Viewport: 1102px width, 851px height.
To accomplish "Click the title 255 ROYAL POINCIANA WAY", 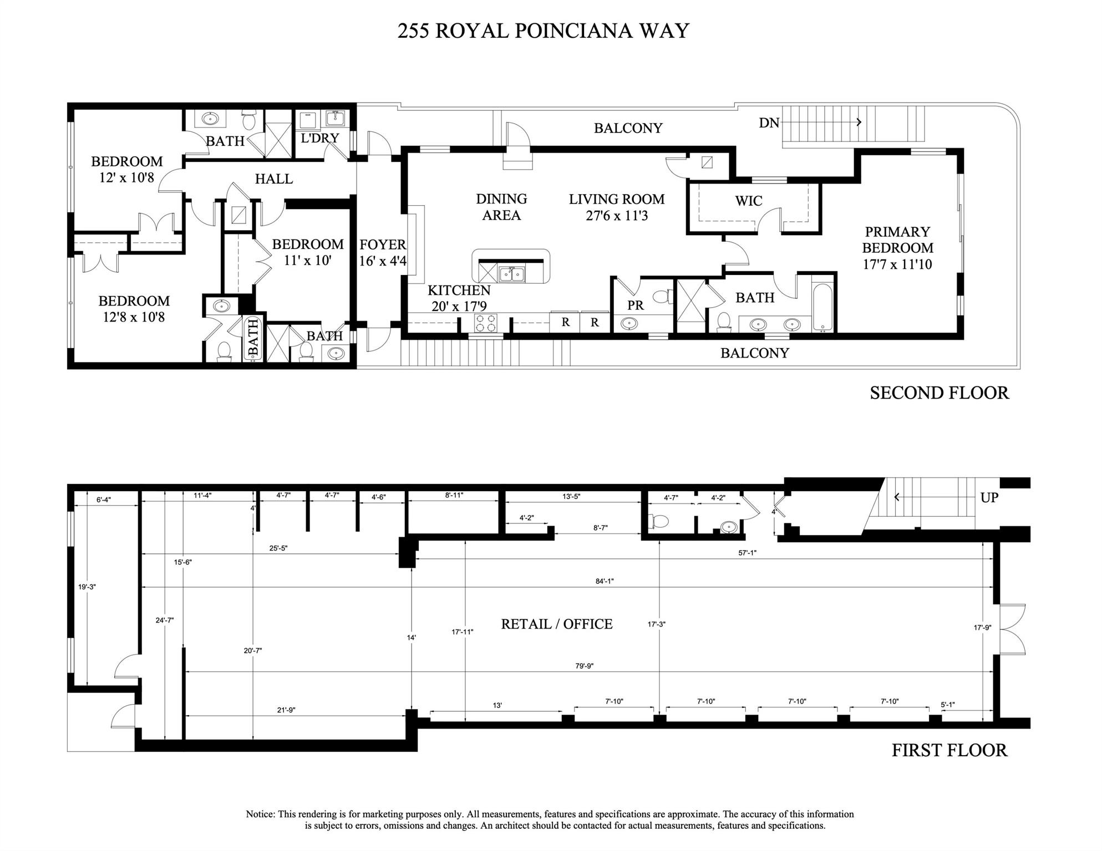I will [x=543, y=31].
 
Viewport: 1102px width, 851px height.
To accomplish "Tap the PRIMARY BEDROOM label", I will [x=897, y=247].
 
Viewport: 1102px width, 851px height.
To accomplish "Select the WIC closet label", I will [x=748, y=201].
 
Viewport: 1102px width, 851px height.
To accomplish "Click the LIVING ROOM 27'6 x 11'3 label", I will [x=616, y=207].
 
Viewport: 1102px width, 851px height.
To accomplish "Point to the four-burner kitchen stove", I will [x=485, y=323].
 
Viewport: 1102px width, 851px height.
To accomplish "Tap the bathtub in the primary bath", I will [x=823, y=308].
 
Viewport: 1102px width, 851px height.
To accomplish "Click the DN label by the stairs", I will [x=769, y=123].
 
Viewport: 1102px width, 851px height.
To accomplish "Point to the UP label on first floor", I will [x=989, y=497].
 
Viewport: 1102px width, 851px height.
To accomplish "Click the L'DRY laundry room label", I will [x=319, y=138].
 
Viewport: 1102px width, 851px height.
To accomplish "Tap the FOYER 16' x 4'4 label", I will [x=382, y=252].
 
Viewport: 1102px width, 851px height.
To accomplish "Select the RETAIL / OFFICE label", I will [x=556, y=624].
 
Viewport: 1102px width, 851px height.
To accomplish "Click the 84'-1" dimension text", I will [x=604, y=581].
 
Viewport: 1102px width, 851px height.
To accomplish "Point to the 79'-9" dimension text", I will [x=584, y=666].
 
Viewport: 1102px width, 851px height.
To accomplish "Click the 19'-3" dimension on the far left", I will [x=87, y=587].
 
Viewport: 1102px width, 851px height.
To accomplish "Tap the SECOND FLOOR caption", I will [x=939, y=393].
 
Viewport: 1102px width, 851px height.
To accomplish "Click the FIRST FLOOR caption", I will [x=949, y=750].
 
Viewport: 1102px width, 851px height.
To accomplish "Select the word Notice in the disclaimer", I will [x=260, y=814].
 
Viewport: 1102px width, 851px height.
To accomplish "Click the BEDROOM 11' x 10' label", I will [x=308, y=252].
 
